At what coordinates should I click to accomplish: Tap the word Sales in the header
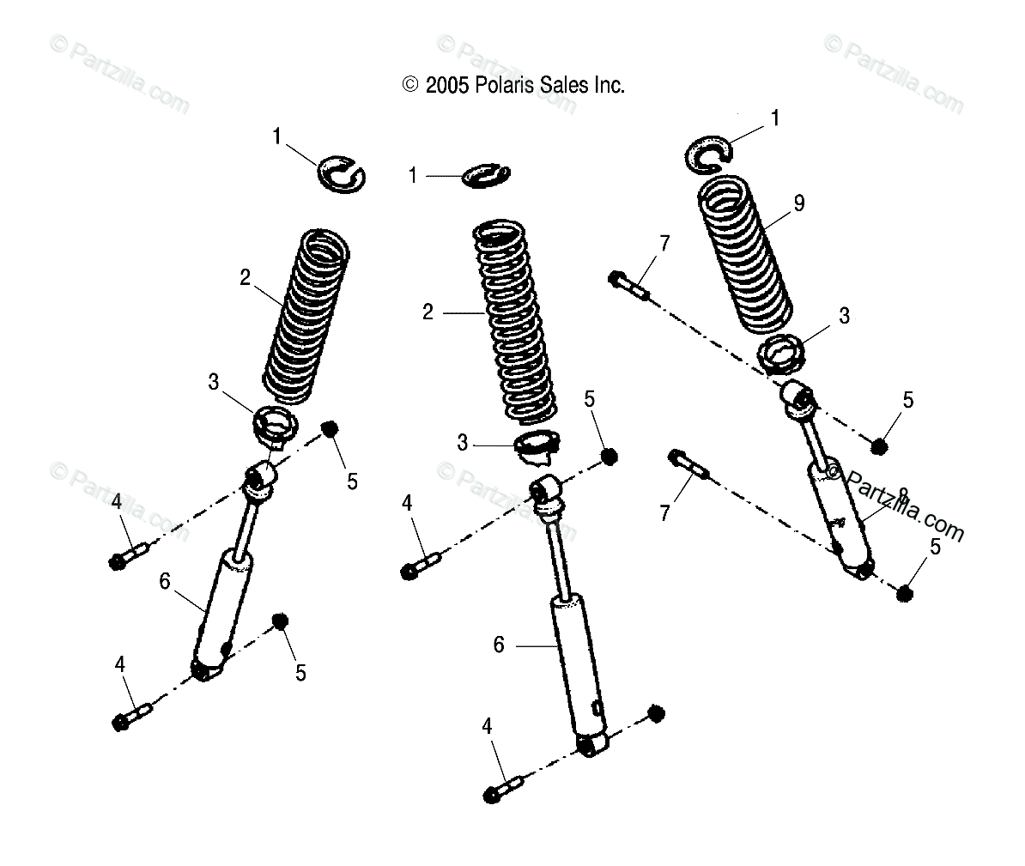(558, 85)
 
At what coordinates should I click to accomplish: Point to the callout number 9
(798, 203)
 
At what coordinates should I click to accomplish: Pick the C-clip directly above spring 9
(709, 151)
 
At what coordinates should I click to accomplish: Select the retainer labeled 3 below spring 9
(780, 354)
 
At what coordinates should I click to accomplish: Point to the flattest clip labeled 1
(487, 174)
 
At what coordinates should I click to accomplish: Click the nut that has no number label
(656, 714)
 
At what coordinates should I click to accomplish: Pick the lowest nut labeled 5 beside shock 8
(905, 592)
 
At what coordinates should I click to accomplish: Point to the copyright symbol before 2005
(409, 85)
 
